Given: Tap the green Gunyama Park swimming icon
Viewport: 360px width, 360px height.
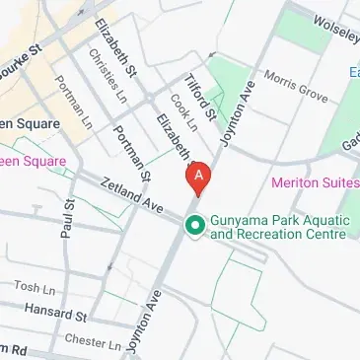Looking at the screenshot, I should click(x=195, y=226).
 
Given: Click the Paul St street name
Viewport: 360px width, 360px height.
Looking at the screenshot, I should click(x=67, y=217).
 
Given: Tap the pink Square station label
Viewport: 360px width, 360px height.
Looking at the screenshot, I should click(x=33, y=161).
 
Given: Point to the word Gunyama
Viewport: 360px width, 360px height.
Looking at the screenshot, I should click(x=238, y=218).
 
